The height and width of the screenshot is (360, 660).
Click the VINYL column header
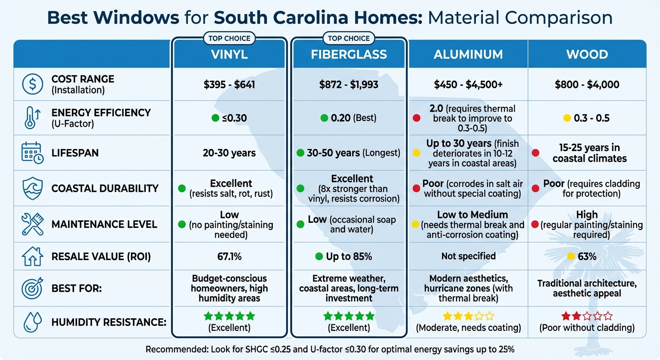229,54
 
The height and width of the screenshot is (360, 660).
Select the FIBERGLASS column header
349,54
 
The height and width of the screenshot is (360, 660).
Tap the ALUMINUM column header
468,54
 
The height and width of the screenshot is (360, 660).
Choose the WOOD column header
587,54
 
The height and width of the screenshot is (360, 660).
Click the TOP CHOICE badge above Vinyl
229,38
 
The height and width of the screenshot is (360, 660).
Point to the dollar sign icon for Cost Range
32,84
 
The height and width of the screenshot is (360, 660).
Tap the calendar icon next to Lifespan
32,153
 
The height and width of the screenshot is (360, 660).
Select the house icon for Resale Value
32,256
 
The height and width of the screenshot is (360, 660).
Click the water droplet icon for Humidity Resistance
32,322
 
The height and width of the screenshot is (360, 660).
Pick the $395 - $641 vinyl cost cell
229,85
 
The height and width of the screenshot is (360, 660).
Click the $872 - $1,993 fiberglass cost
349,85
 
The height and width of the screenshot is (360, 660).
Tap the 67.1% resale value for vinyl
229,256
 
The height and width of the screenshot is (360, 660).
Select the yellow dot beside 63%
570,256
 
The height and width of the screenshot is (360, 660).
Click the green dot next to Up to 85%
319,256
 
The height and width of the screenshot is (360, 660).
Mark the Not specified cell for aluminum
468,256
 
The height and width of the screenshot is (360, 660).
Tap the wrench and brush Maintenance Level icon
32,224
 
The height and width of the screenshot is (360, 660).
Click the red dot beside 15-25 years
535,153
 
